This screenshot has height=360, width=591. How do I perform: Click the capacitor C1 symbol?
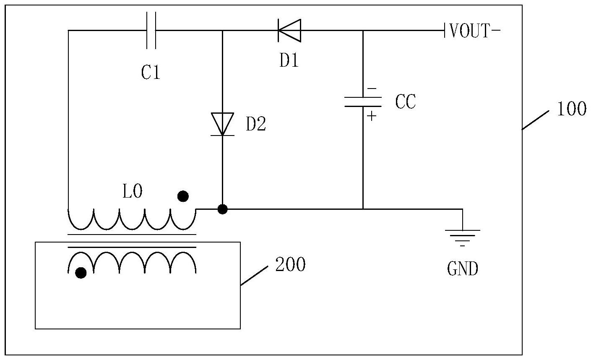pyautogui.click(x=151, y=30)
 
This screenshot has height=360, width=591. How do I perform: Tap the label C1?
pyautogui.click(x=151, y=73)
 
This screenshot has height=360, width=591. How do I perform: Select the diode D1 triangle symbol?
pyautogui.click(x=289, y=31)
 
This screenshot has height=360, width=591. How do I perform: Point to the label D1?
pyautogui.click(x=289, y=61)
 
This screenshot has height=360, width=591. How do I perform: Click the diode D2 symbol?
pyautogui.click(x=222, y=124)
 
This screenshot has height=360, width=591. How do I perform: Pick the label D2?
pyautogui.click(x=256, y=125)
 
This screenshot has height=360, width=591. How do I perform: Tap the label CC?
pyautogui.click(x=405, y=102)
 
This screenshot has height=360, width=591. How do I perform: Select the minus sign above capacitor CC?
pyautogui.click(x=372, y=89)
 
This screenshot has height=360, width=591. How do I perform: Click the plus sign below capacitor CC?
pyautogui.click(x=372, y=115)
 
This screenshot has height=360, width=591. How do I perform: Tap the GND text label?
pyautogui.click(x=463, y=269)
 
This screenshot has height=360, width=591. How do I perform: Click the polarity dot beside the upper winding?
pyautogui.click(x=183, y=196)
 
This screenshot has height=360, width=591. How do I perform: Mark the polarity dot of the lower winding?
pyautogui.click(x=81, y=273)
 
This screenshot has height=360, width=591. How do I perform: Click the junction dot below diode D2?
pyautogui.click(x=223, y=209)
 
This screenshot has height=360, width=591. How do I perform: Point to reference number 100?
pyautogui.click(x=571, y=109)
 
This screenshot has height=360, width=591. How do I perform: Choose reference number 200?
pyautogui.click(x=290, y=264)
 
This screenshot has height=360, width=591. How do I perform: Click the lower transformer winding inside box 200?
pyautogui.click(x=132, y=262)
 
